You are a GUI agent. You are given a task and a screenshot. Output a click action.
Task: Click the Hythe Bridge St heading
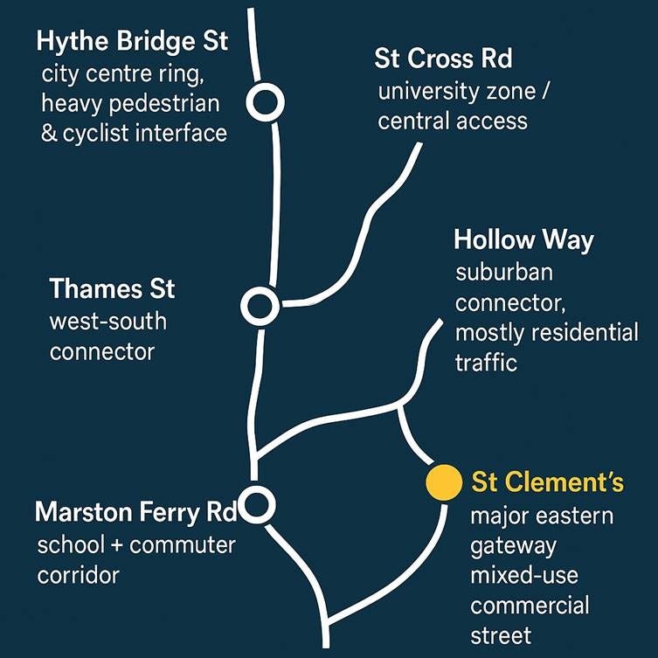point(133,41)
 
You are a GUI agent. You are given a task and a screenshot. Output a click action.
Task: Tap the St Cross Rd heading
point(443,59)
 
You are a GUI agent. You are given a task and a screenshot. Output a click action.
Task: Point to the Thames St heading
point(112,289)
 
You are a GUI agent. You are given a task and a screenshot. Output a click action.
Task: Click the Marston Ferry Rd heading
point(128,511)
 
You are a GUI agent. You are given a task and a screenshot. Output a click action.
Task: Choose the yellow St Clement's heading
point(547,482)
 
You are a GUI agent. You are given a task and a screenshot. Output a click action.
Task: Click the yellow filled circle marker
point(442,481)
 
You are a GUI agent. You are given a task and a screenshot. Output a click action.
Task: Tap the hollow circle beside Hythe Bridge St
point(265,102)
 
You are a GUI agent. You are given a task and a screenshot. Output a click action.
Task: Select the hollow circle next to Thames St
point(260,306)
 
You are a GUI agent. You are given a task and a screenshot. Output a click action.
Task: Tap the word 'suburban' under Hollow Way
point(504,273)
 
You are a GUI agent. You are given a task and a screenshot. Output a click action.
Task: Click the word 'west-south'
point(107,322)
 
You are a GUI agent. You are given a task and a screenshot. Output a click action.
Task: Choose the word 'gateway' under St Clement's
point(513,546)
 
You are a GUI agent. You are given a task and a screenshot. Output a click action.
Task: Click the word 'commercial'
point(530,605)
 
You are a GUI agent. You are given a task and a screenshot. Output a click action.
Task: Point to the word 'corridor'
point(78,576)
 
